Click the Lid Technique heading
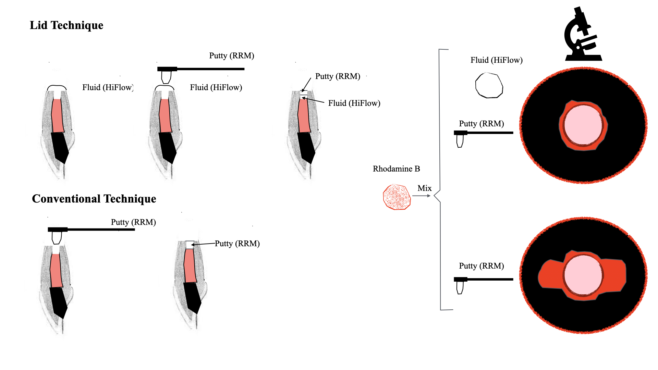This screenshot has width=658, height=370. [x=66, y=25]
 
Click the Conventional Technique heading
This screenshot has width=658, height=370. [x=94, y=199]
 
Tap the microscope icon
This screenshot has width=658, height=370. [x=583, y=34]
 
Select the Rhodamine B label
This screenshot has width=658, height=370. [x=396, y=169]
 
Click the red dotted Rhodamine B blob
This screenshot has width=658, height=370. [x=397, y=197]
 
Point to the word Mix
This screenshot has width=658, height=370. [x=424, y=188]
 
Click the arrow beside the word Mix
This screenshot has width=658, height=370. [x=421, y=196]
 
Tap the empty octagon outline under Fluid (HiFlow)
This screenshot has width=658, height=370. [x=489, y=85]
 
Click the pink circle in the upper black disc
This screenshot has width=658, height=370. [x=583, y=125]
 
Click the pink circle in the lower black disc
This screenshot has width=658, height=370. [x=583, y=275]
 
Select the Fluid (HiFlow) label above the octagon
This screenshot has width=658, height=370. [x=496, y=60]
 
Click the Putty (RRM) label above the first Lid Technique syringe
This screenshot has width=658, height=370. [x=232, y=56]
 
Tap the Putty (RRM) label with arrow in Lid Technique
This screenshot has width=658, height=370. [x=338, y=76]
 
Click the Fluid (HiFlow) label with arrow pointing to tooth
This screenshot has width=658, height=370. [x=354, y=103]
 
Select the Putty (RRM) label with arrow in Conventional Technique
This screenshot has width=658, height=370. [x=237, y=244]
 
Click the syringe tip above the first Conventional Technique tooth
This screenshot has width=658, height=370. [x=56, y=237]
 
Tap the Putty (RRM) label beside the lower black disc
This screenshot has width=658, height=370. [x=481, y=266]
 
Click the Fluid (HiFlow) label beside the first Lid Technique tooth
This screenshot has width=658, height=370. [x=108, y=88]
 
